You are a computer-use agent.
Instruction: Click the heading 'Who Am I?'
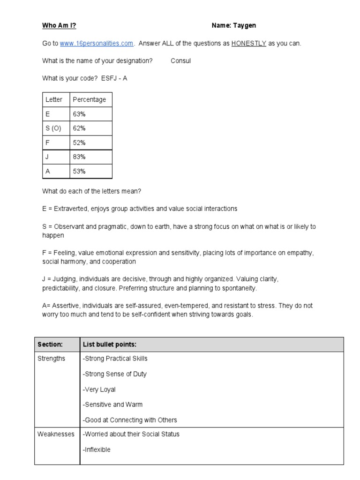coord(56,26)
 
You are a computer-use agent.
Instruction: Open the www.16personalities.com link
coord(97,44)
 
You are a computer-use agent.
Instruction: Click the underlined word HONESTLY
coord(248,44)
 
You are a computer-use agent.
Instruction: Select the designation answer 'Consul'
coord(181,61)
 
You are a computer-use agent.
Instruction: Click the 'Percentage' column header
coord(89,99)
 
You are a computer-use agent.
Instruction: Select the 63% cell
coord(79,114)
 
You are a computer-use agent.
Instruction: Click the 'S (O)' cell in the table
coord(53,128)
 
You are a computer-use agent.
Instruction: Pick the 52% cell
coord(79,142)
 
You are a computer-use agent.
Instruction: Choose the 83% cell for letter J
coord(79,157)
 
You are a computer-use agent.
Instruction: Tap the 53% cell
coord(79,172)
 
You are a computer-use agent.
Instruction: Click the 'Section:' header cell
coord(50,345)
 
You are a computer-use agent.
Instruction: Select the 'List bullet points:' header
coord(110,345)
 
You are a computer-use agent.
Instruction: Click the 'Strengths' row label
coord(52,359)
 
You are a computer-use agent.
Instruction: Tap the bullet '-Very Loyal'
coord(99,390)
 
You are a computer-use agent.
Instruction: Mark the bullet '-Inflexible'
coord(97,450)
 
